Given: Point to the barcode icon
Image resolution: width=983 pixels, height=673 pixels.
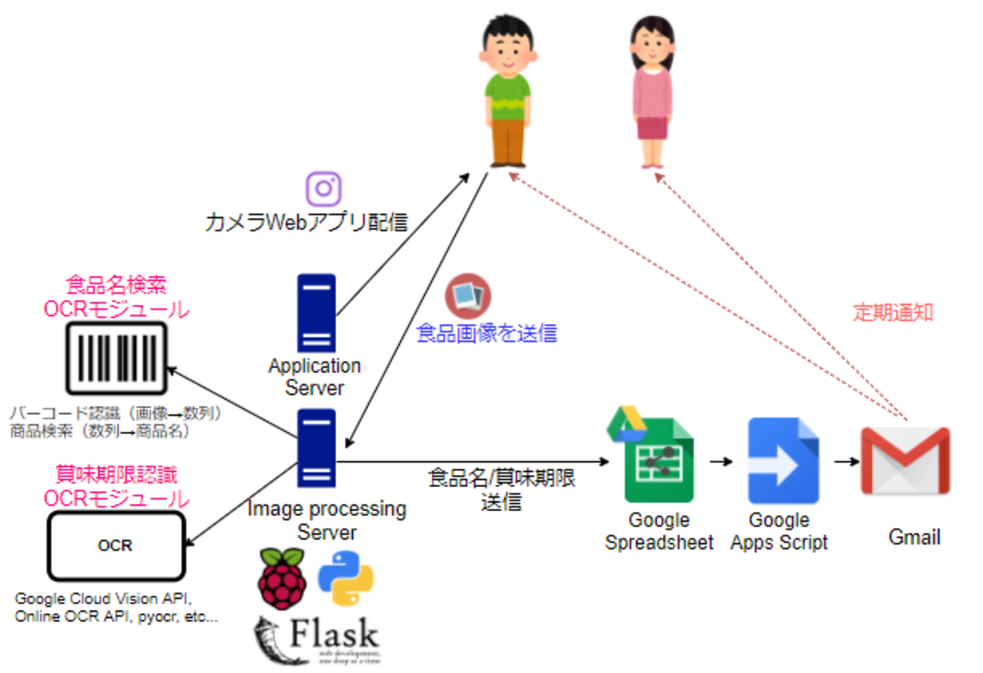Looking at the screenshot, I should [x=116, y=358].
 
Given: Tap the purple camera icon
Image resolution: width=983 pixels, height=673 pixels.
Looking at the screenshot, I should [x=324, y=188].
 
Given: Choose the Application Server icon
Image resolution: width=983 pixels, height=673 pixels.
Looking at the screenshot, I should [x=316, y=312].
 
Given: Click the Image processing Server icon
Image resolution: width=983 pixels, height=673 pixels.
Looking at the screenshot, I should [x=316, y=449].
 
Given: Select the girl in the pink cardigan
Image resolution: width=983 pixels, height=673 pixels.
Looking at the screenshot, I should [x=651, y=91].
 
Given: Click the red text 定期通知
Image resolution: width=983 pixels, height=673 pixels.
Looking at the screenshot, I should [x=893, y=313].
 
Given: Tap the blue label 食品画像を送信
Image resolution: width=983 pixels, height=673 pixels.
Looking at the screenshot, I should [x=487, y=333].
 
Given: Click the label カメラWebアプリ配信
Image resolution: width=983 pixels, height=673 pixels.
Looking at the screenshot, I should [x=306, y=222].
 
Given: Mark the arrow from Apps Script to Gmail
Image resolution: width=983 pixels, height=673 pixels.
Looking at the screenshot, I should [x=845, y=461].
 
